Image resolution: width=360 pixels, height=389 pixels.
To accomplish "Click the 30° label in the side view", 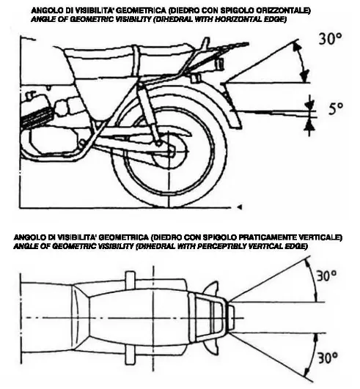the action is (x=330, y=38).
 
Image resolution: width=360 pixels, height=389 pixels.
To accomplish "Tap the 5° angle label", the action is (x=336, y=108).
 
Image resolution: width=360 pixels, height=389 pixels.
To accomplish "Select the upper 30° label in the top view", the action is (x=326, y=275).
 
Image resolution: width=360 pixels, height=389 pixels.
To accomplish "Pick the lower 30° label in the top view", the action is (x=328, y=357).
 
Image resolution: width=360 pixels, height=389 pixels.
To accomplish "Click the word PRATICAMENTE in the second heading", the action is (x=268, y=237).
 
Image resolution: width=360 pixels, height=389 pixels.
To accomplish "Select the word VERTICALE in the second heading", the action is (x=320, y=237).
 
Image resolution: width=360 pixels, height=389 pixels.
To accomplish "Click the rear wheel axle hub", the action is (x=170, y=151).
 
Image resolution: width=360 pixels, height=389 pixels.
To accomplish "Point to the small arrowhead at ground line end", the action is (x=239, y=207).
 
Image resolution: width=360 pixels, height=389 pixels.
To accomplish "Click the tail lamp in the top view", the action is (x=231, y=317).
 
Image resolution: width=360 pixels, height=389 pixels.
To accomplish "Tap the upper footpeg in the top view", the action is (x=130, y=278).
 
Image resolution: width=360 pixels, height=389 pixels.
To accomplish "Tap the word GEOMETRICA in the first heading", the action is (x=141, y=10).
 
